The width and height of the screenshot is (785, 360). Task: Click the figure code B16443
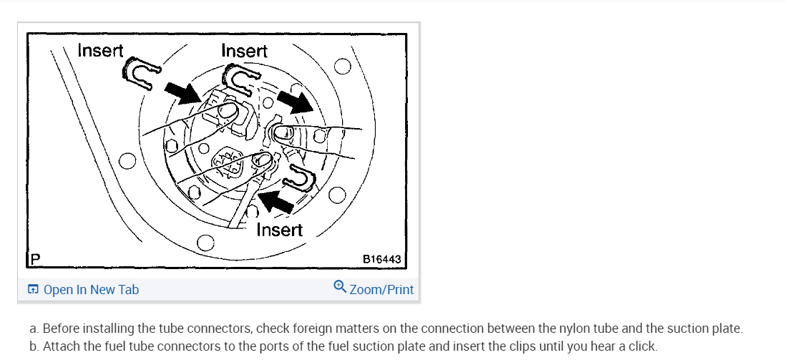tap(382, 258)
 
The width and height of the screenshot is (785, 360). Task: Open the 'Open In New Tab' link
tap(91, 290)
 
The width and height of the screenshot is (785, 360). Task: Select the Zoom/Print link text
tap(381, 290)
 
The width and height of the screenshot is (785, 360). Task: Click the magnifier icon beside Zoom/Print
tap(340, 288)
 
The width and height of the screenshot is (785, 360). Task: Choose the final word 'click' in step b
tap(640, 346)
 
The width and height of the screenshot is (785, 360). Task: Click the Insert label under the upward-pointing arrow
tap(279, 230)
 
